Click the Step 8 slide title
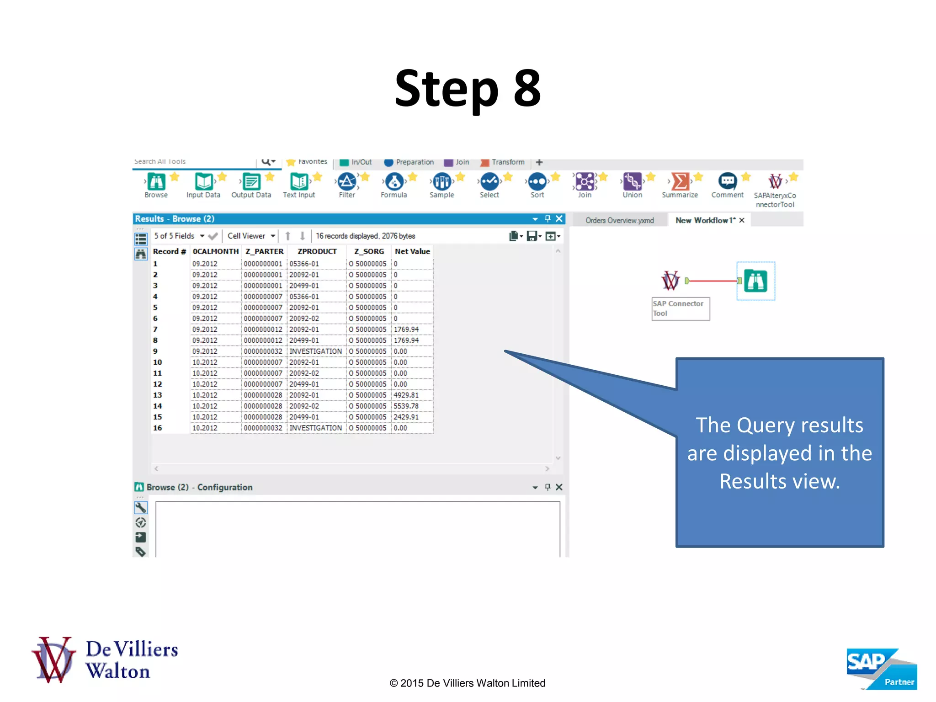coord(468,88)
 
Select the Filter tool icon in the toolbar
coord(347,182)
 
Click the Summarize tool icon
coord(680,182)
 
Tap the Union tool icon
coord(632,182)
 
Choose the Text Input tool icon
coord(299,182)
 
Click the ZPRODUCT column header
coord(317,251)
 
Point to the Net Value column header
coord(412,251)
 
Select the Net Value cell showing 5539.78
coord(406,406)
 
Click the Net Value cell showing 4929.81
coord(406,395)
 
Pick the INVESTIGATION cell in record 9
coord(315,351)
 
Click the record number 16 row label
coord(158,428)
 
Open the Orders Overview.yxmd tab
coord(619,220)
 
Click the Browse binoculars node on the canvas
coord(755,281)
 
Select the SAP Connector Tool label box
coord(680,308)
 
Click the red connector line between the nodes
coord(713,281)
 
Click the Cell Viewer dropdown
coord(251,236)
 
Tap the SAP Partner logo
coord(881,668)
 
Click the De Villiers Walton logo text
coord(131,660)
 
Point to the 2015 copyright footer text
coord(467,683)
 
